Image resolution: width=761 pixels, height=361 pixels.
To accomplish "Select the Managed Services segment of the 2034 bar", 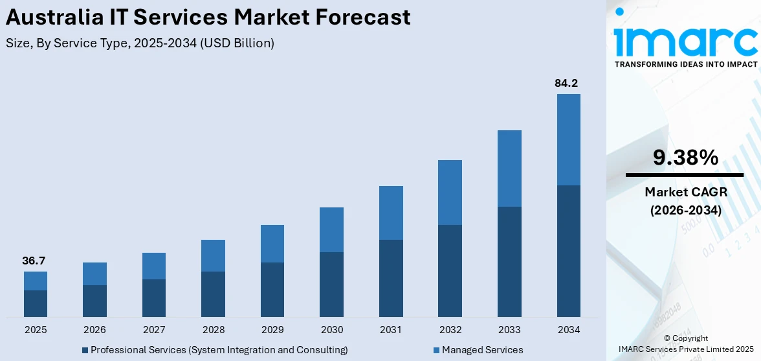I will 568,139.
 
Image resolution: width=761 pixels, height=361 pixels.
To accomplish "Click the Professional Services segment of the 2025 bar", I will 36,303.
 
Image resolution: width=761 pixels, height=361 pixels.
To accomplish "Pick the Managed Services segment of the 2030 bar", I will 331,229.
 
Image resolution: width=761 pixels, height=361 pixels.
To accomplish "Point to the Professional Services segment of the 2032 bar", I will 450,271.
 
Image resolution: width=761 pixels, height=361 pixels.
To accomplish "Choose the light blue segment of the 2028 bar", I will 213,255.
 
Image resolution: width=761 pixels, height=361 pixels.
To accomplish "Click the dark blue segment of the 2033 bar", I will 509,262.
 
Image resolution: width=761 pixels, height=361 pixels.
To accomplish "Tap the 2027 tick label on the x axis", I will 154,330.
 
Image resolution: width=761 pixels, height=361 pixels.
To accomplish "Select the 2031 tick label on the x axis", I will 391,330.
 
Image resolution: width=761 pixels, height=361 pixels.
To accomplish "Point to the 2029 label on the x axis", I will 272,330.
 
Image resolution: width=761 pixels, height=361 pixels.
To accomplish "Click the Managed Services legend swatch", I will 437,351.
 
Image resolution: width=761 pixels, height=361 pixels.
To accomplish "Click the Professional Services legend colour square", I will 85,351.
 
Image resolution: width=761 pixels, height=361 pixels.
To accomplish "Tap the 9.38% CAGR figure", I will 685,157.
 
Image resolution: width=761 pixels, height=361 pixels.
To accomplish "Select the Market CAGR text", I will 685,192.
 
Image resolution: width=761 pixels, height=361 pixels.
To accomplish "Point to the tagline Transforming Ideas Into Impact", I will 685,64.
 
